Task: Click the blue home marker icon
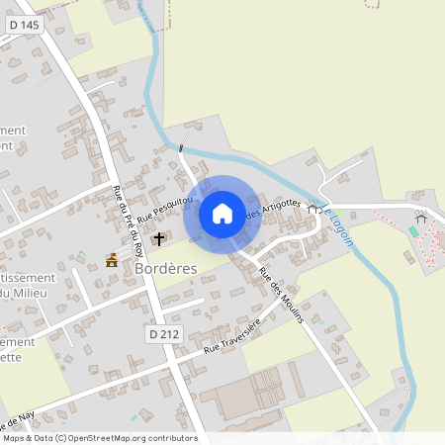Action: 222,214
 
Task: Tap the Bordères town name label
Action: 165,268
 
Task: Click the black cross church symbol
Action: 158,239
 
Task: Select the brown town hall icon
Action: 112,260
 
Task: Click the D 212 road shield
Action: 167,335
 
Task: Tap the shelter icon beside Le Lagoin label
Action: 313,209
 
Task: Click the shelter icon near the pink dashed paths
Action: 420,218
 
